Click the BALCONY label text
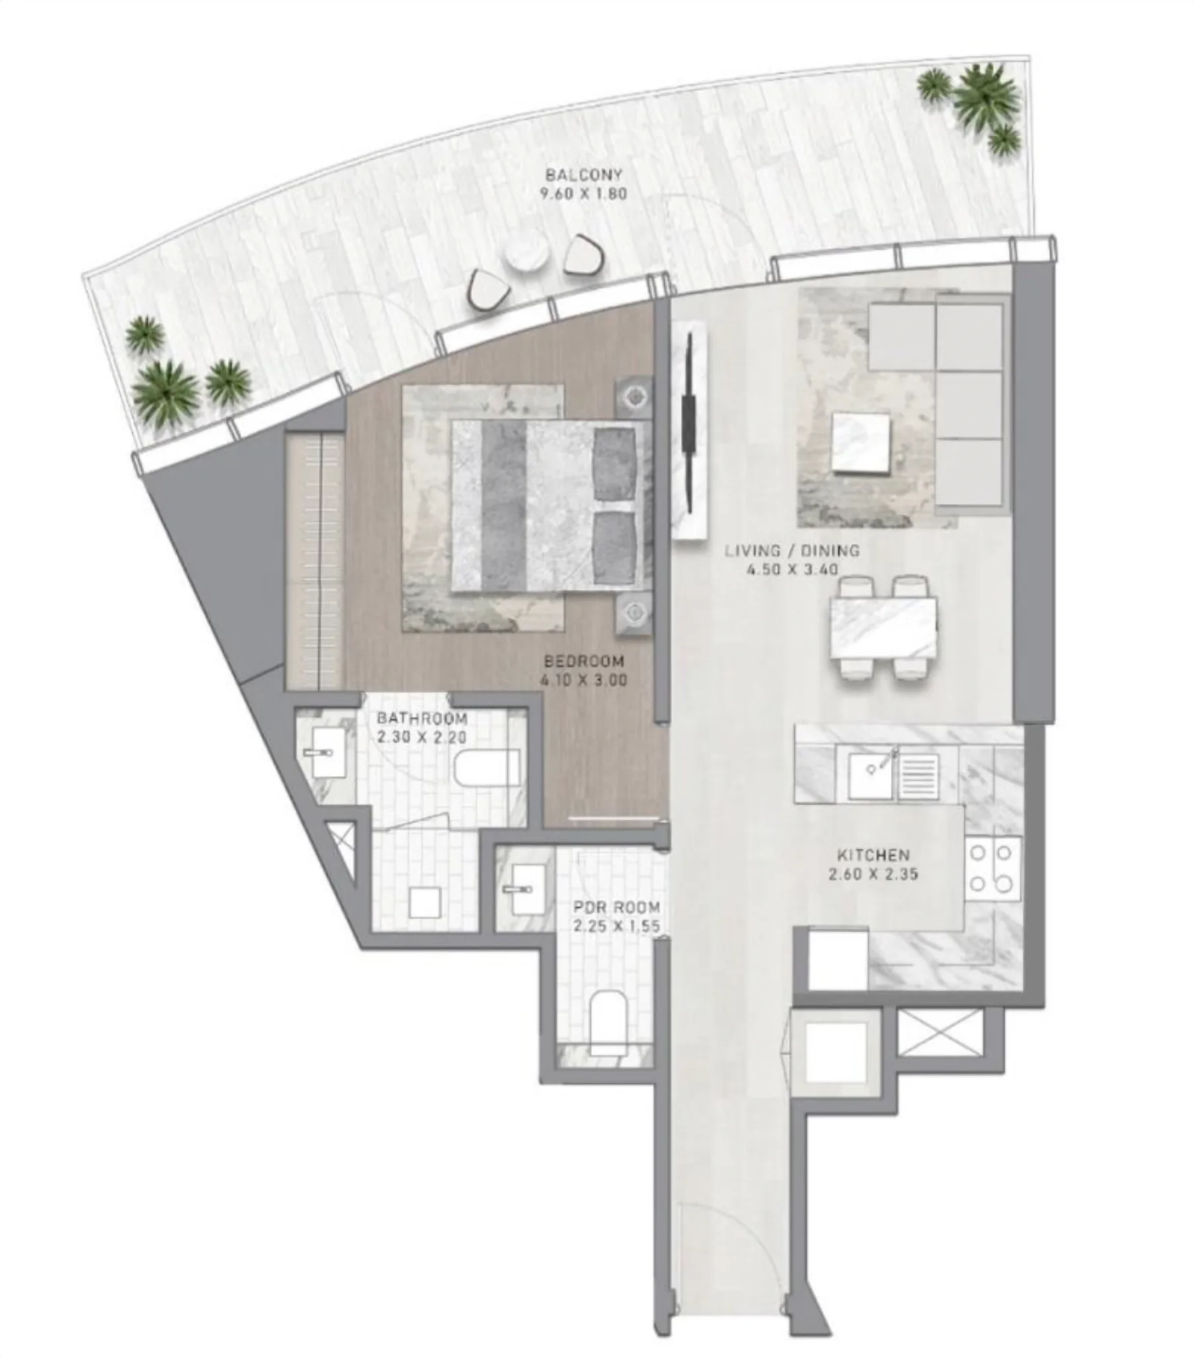click(x=583, y=176)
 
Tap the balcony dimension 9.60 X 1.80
click(x=583, y=195)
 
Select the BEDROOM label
click(x=583, y=661)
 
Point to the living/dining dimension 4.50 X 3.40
click(x=792, y=569)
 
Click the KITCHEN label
click(x=873, y=855)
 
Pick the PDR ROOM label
click(x=617, y=907)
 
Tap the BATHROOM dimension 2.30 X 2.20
click(x=421, y=737)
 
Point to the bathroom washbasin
click(x=326, y=753)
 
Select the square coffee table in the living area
click(x=861, y=443)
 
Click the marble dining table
click(x=883, y=627)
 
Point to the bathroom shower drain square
click(x=424, y=903)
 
